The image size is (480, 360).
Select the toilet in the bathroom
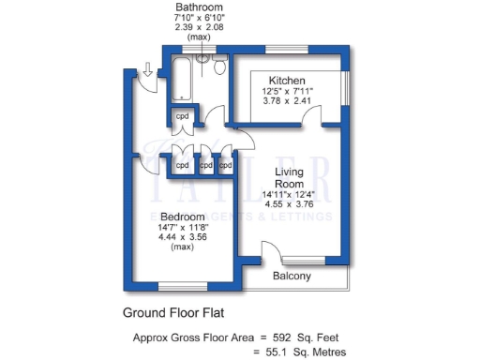(219, 66)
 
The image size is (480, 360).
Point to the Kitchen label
(287, 80)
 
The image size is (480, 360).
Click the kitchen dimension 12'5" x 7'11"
(287, 91)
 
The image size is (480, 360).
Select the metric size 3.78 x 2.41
(287, 101)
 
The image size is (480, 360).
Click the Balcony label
(292, 277)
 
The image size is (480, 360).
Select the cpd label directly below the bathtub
(183, 116)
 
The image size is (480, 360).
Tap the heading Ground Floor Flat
(173, 312)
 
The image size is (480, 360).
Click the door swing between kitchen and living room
(246, 136)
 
